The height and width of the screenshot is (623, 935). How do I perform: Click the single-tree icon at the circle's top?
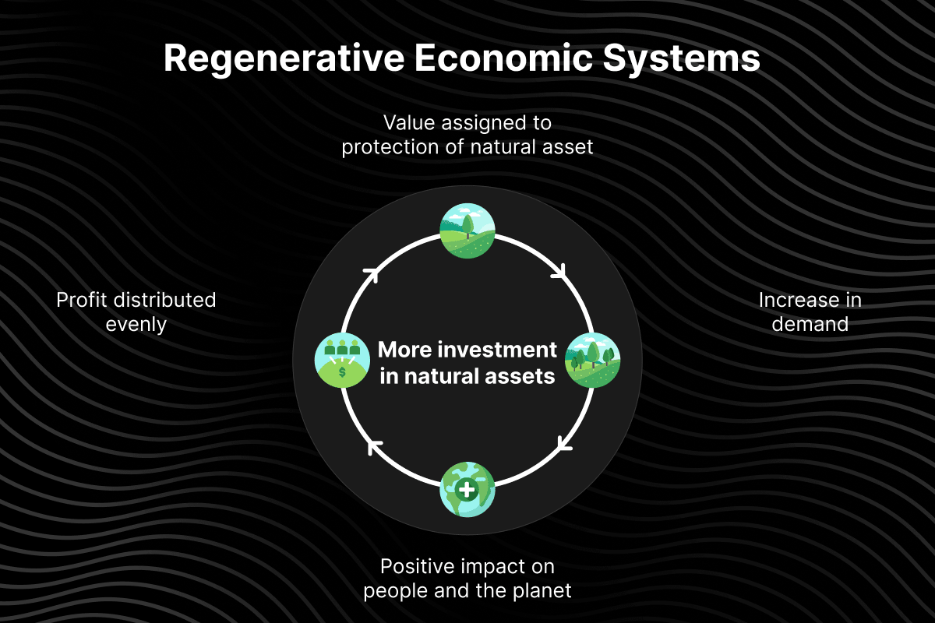467,231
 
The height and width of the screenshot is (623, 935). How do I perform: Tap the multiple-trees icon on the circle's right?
592,361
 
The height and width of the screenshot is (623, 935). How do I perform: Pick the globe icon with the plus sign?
467,490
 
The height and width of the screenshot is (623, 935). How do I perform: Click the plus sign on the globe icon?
467,491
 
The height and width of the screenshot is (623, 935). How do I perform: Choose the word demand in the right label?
810,324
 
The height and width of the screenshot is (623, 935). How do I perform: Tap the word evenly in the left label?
136,324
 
